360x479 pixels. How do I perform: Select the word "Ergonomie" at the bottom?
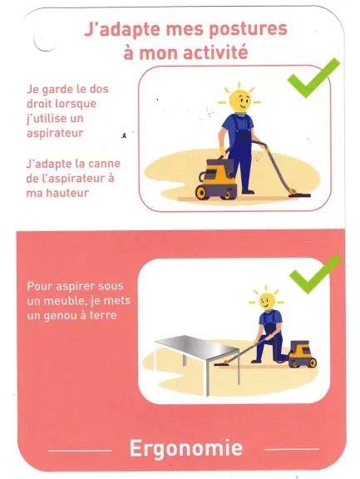pos(186,448)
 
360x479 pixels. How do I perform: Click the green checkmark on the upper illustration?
pos(313,77)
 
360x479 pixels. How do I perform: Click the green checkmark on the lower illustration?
pos(315,274)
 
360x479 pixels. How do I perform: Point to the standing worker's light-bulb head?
pos(240,100)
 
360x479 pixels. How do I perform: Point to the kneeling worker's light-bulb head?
pos(267,301)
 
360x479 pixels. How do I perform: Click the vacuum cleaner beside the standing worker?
pos(216,180)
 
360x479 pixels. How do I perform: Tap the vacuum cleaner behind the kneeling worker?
pos(303,353)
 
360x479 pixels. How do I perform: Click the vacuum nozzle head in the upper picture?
pos(299,194)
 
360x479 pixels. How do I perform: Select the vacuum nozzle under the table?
pos(223,364)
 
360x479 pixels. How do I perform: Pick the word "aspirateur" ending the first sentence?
pos(55,133)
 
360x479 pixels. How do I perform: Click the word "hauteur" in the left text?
pos(69,193)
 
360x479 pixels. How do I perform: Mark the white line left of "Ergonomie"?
pos(81,450)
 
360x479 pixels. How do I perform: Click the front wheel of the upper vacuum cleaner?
pos(202,192)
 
